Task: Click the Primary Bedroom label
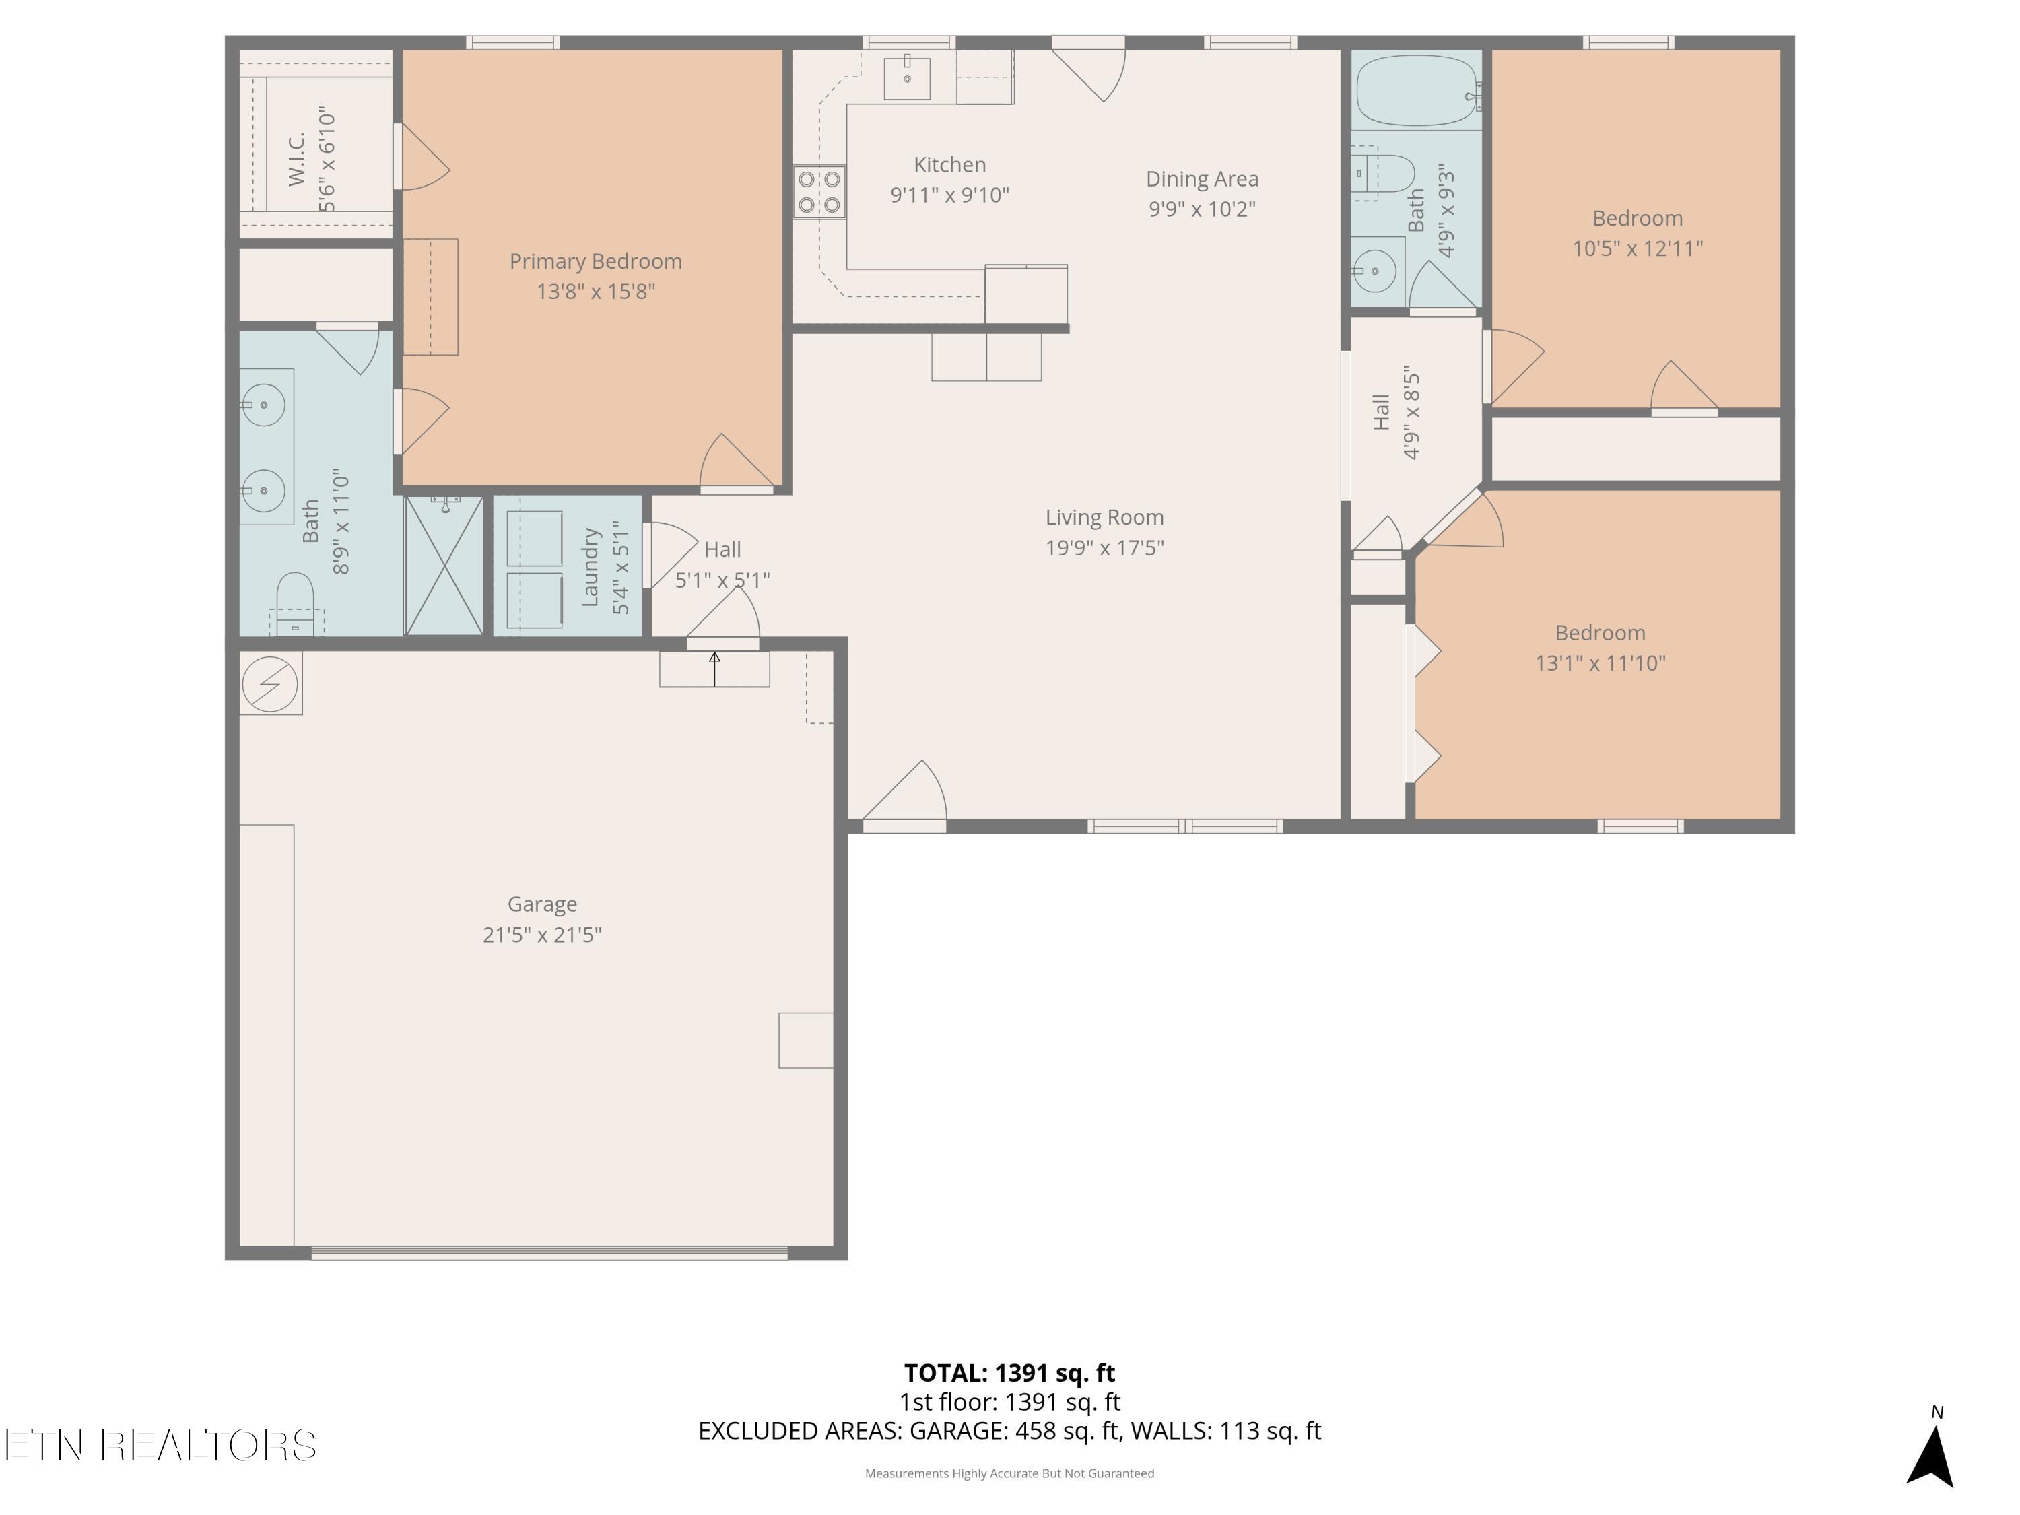(x=595, y=261)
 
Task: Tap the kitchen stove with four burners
(x=819, y=192)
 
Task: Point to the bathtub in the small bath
(x=1417, y=90)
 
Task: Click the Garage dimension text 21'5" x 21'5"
(x=543, y=934)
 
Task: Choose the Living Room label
(x=1105, y=518)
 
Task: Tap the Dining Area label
(x=1202, y=179)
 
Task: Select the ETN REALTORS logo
(x=161, y=1446)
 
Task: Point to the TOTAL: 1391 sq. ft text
(x=1009, y=1372)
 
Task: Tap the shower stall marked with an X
(x=444, y=566)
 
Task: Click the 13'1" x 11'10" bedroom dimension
(x=1600, y=663)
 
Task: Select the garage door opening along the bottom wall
(x=549, y=1253)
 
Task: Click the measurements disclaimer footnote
(x=1009, y=1473)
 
